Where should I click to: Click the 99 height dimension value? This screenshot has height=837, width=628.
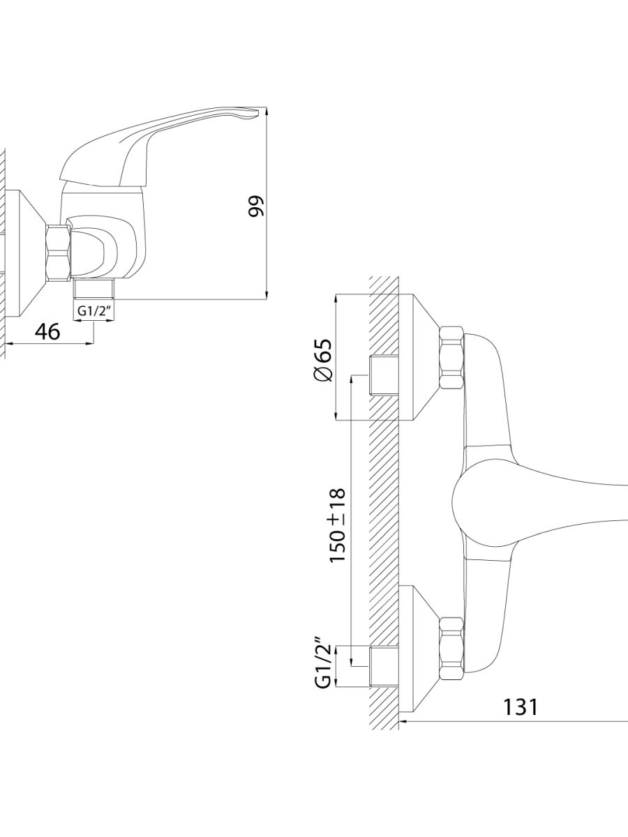click(x=256, y=206)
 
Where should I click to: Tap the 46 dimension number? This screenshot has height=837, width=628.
click(x=47, y=331)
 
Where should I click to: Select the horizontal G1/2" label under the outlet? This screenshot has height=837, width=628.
click(x=94, y=311)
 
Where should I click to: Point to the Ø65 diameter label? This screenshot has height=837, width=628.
click(x=322, y=360)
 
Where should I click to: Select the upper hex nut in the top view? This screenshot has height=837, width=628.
click(x=452, y=357)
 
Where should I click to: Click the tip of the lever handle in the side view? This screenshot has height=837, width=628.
click(x=258, y=112)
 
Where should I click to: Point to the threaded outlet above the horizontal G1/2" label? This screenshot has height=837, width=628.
click(x=94, y=289)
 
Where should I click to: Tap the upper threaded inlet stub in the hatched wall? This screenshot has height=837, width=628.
click(x=384, y=375)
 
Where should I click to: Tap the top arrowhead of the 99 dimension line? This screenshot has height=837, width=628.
click(x=267, y=112)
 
